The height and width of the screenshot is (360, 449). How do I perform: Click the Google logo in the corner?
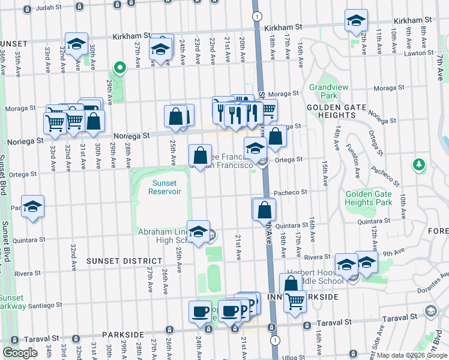pos(20,353)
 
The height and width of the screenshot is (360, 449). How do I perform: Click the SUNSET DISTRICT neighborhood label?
pos(124,261)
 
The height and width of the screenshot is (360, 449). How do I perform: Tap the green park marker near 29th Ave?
pos(119,67)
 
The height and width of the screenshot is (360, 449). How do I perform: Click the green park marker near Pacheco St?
pos(419,164)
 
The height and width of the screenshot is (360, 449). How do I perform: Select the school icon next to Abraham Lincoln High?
pos(198,231)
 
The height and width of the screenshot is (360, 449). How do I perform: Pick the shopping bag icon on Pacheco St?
pos(264,210)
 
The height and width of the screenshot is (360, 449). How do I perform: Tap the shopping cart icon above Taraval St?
pos(294,302)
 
